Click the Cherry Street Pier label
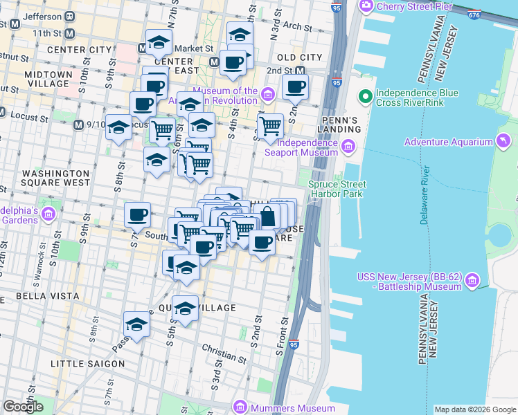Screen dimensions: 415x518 413,6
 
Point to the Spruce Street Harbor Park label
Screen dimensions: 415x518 337,190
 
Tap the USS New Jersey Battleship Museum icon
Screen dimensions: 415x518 473,281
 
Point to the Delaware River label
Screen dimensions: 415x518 424,195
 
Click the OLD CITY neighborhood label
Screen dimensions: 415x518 299,57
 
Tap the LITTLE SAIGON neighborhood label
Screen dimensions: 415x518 88,363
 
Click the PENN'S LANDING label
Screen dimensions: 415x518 337,124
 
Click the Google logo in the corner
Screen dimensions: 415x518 23,407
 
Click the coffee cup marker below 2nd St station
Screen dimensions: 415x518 295,87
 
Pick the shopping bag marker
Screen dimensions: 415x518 267,216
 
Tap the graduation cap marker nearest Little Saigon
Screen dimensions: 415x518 137,324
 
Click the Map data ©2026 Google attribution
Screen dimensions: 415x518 474,409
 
